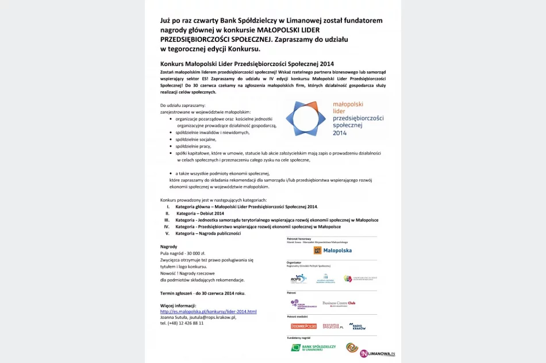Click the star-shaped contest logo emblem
[305, 118]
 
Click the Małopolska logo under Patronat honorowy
[333, 250]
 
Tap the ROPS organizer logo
[298, 279]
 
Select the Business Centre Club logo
[339, 303]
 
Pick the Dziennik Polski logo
[303, 326]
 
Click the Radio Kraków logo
[357, 326]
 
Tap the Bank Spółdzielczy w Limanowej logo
[313, 347]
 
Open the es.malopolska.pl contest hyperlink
[208, 311]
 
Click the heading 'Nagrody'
[168, 246]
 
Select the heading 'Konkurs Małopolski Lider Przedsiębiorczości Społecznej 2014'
[247, 64]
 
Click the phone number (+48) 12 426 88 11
[182, 323]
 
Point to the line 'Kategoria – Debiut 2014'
[199, 213]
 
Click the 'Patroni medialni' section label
[297, 316]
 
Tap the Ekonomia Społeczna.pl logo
[333, 326]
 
